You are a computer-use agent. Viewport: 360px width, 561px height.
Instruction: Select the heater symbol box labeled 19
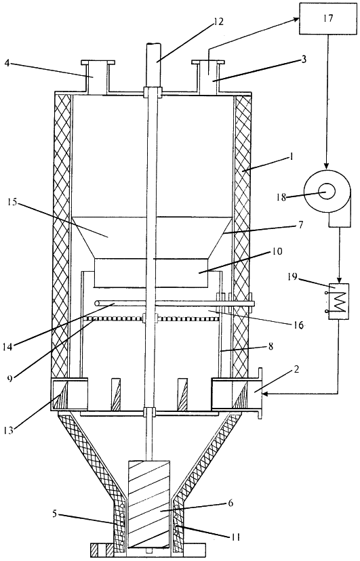(x=338, y=302)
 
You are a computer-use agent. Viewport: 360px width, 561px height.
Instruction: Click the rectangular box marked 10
(x=151, y=273)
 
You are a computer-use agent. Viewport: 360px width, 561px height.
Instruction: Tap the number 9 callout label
(x=10, y=377)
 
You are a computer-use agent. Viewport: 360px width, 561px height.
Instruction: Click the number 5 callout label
(x=54, y=514)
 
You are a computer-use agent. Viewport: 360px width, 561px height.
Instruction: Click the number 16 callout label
(x=298, y=325)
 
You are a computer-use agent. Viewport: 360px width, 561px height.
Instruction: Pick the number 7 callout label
(x=300, y=225)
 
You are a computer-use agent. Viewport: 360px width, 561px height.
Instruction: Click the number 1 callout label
(x=291, y=157)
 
